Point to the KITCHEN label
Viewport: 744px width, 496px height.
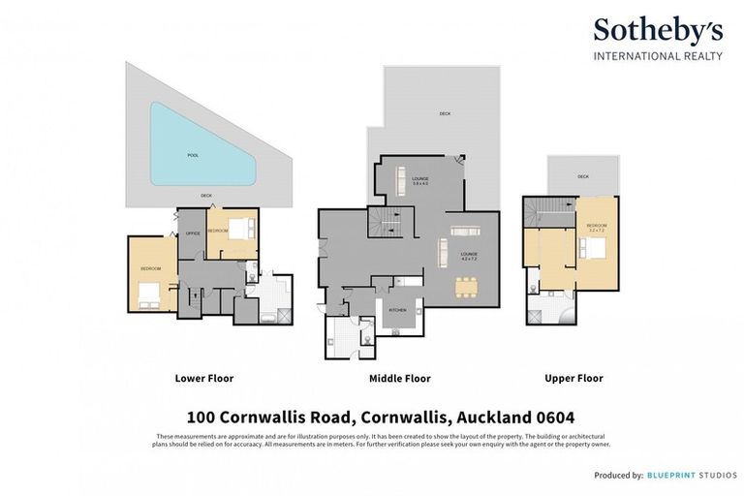point(397,310)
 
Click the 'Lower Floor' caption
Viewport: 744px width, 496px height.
point(203,378)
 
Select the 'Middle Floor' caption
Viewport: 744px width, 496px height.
point(400,378)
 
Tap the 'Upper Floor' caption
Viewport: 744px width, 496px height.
point(575,378)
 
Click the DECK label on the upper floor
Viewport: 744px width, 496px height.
point(583,177)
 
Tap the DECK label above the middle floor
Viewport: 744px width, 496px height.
point(445,113)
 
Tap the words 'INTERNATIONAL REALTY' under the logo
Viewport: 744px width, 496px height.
point(658,55)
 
